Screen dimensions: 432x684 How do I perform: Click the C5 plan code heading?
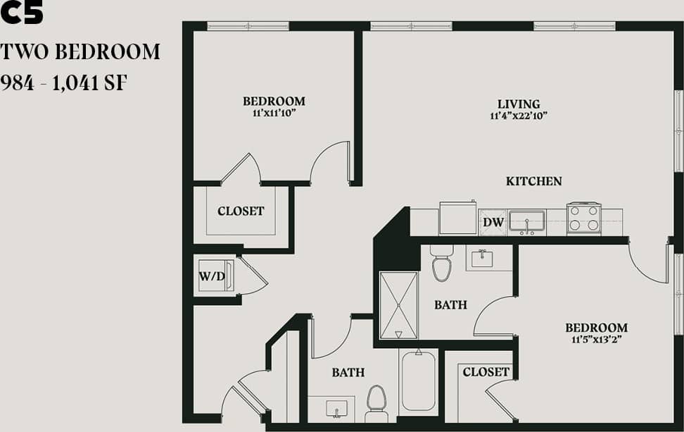[22, 13]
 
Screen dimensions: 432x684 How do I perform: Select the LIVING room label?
[519, 104]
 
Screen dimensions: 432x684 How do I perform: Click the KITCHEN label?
[533, 181]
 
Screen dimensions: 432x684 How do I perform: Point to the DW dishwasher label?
[493, 223]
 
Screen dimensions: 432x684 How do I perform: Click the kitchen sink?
[527, 221]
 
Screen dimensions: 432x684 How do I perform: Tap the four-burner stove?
[583, 218]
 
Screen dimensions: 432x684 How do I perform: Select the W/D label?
[212, 276]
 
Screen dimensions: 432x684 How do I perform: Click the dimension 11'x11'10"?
[274, 112]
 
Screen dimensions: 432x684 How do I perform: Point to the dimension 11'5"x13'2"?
[596, 339]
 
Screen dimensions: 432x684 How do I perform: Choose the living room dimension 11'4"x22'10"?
[519, 116]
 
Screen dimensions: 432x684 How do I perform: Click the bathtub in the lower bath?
[419, 381]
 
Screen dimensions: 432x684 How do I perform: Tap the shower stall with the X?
[398, 305]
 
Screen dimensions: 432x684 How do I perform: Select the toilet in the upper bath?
[441, 264]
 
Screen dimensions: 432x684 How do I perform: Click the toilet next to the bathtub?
[376, 400]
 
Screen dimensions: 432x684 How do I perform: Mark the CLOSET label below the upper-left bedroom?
[241, 211]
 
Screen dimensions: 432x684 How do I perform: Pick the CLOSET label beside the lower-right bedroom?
[486, 371]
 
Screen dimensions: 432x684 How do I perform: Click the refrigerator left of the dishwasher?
[457, 218]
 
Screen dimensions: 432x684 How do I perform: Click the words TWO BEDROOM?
[80, 52]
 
